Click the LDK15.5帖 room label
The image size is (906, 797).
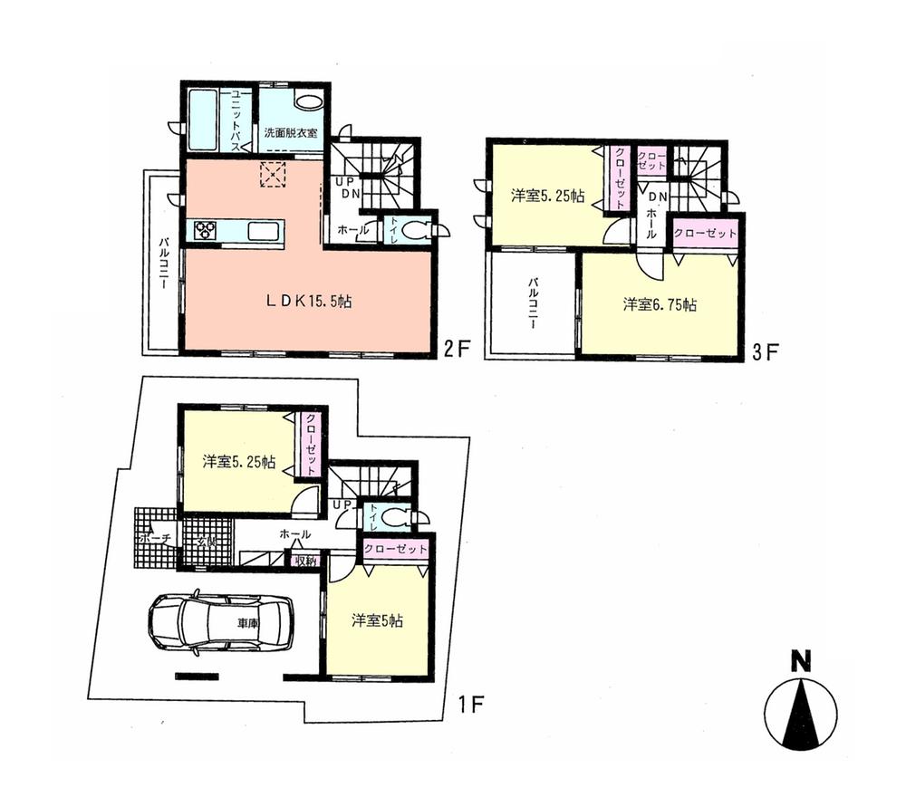click(308, 302)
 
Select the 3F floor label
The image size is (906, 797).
click(766, 350)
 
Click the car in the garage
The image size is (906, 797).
click(219, 622)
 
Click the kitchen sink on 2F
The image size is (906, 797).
click(265, 231)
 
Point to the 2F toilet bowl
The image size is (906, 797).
click(418, 230)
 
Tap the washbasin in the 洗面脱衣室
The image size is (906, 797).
click(308, 101)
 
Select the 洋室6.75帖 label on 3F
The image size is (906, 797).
click(660, 305)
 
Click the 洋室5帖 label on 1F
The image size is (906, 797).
click(377, 621)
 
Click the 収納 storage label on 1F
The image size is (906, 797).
click(304, 561)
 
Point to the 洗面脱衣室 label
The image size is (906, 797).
click(290, 132)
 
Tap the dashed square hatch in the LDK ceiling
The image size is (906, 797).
click(273, 174)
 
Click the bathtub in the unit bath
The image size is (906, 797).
click(203, 120)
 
